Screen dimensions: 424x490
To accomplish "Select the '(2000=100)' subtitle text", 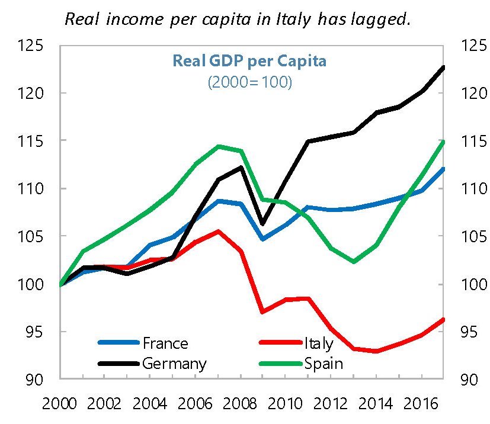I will point(249,83).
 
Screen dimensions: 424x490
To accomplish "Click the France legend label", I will point(165,343).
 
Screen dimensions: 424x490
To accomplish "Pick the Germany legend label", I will point(174,363).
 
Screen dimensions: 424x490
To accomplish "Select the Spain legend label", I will point(324,363).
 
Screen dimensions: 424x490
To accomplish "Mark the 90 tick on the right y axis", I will point(466,380).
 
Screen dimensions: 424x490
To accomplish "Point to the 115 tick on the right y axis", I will point(469,141).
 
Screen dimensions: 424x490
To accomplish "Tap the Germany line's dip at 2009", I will point(263,224).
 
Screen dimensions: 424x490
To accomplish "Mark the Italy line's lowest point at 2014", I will point(376,351).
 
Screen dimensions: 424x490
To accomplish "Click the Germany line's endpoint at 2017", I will point(443,67).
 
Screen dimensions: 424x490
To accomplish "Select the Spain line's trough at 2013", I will point(353,261).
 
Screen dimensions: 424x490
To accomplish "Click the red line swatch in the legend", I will point(280,343).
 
